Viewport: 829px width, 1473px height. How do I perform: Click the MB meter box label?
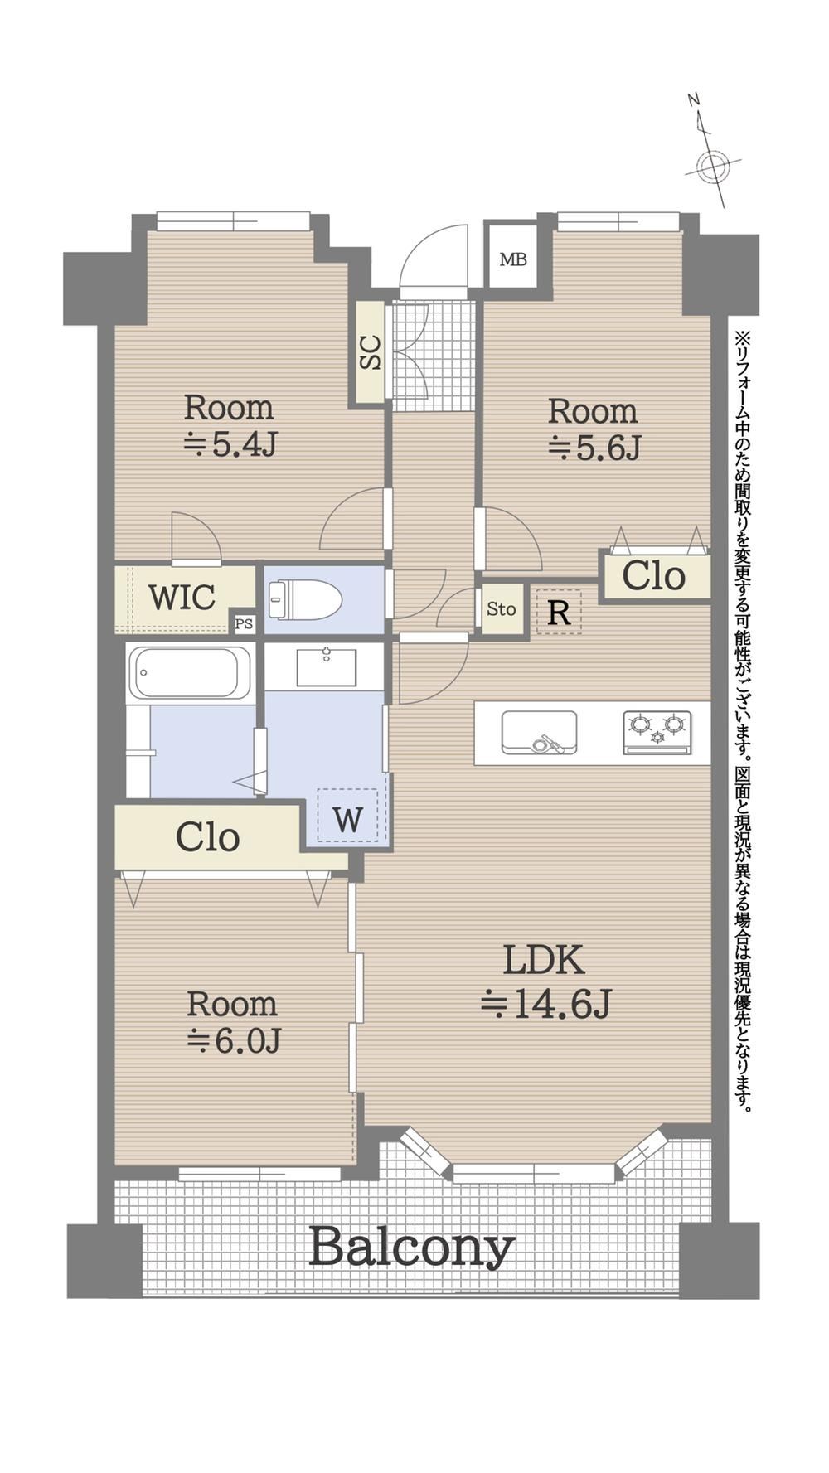click(513, 259)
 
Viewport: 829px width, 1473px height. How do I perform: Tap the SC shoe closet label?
click(371, 351)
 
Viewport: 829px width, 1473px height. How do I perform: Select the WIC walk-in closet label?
click(182, 597)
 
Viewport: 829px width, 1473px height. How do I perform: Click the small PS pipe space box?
click(244, 624)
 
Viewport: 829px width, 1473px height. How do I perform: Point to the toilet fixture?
click(304, 599)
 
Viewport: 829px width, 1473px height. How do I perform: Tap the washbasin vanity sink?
click(327, 666)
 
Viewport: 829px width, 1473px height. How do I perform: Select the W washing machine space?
click(348, 816)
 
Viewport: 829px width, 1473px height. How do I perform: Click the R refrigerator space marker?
click(559, 613)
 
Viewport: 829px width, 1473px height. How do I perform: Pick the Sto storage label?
click(502, 609)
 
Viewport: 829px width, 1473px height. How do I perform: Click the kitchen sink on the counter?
click(539, 733)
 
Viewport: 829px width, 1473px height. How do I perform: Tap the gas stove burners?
click(657, 733)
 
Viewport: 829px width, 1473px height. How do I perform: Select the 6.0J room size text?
click(234, 1039)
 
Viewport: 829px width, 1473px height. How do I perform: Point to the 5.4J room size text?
click(229, 444)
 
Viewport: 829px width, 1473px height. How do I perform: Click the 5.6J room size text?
click(594, 448)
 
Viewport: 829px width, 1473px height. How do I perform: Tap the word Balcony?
click(412, 1248)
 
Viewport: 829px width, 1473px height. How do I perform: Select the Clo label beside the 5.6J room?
click(654, 575)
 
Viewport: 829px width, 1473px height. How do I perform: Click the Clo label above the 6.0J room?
click(208, 837)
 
